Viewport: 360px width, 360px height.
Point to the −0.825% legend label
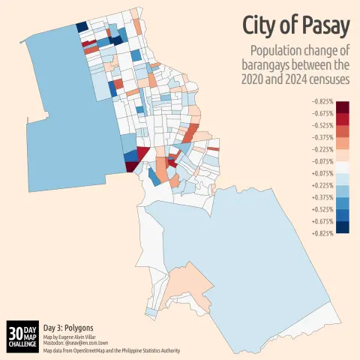[321, 100]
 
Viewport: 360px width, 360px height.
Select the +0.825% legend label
[321, 233]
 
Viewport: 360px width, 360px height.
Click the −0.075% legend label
[321, 161]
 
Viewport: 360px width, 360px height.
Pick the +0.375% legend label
[321, 197]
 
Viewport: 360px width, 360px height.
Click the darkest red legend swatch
[343, 106]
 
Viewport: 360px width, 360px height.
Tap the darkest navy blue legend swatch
[343, 227]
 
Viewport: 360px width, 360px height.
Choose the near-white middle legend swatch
[343, 167]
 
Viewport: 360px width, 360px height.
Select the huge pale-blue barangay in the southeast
[247, 240]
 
